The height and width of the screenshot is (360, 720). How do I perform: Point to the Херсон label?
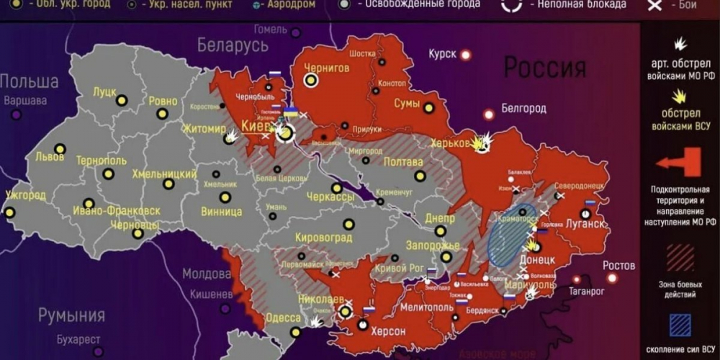389,331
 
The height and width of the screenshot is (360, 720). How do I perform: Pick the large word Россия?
544,67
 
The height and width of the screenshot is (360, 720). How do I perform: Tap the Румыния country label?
71,315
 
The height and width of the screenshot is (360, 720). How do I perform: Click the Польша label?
29,80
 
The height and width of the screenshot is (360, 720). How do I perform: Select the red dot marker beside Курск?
466,54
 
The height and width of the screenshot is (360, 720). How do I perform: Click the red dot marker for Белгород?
489,114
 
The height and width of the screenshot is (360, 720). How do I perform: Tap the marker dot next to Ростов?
612,278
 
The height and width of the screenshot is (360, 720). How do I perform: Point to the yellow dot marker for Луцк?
122,101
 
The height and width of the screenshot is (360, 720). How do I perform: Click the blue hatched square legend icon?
680,325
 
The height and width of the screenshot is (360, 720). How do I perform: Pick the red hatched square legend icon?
680,257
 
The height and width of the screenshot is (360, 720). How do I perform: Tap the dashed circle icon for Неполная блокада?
512,5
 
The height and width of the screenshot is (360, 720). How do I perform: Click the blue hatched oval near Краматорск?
512,235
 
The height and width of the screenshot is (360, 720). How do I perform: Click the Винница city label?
221,212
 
